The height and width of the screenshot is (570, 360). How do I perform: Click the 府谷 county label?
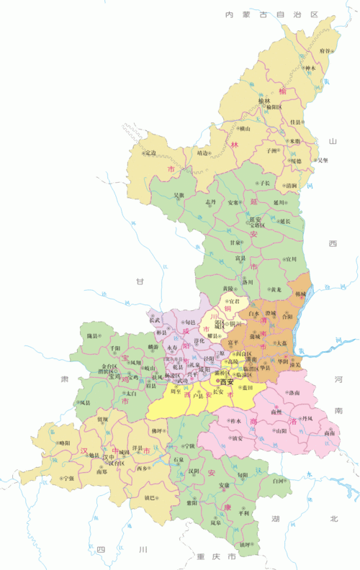coord(325,52)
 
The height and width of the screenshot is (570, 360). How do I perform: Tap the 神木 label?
coord(310,69)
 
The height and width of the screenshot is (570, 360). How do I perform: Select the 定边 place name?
coord(150,153)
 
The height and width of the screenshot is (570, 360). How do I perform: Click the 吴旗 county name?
coord(179,195)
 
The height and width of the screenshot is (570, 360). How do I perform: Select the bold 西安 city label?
coord(228,381)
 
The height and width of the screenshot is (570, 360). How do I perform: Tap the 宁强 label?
coord(68,477)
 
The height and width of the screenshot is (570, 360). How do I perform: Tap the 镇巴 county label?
coord(150,497)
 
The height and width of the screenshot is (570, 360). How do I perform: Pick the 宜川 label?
coord(290,258)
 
